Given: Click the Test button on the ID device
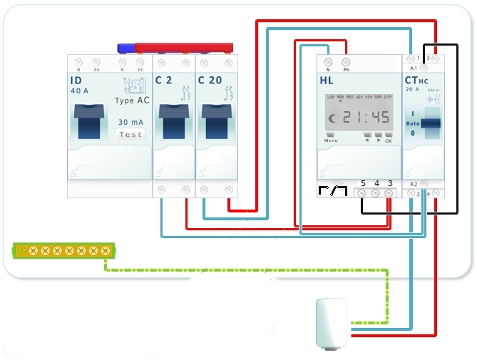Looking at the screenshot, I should (130, 134).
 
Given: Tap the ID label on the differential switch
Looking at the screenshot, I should (76, 80).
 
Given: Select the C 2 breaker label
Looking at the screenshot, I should (164, 80).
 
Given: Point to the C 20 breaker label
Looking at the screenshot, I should (210, 80).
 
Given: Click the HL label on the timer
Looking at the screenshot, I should (327, 80).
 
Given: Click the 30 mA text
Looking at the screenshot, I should (130, 122).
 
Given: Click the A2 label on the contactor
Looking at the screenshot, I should (414, 184).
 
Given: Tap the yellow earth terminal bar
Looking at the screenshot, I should (64, 250).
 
